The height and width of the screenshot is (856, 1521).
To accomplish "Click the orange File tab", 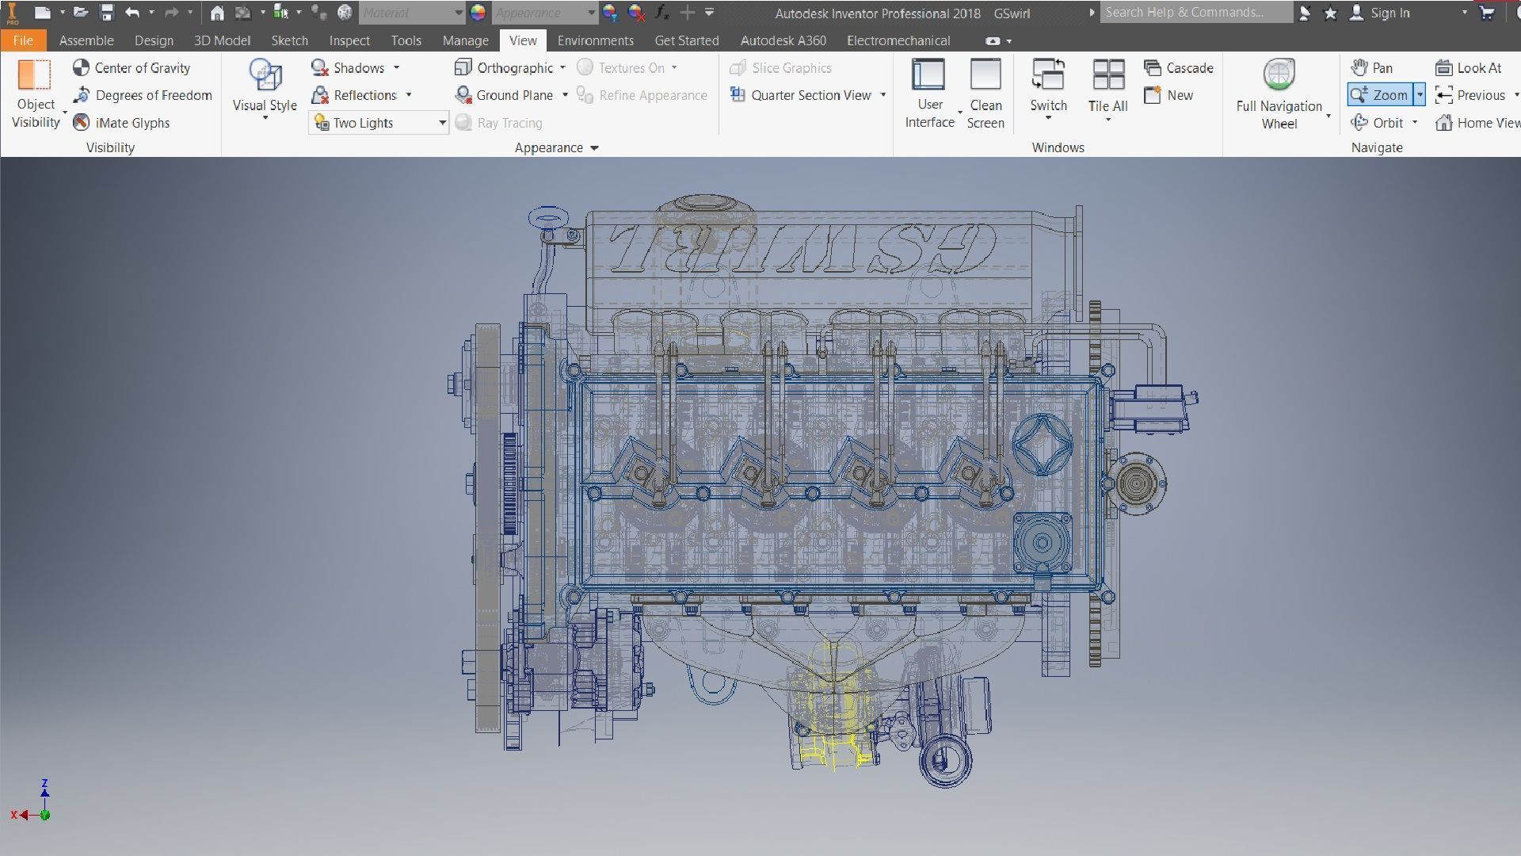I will (23, 40).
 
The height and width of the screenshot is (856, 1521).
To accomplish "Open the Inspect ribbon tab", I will (349, 40).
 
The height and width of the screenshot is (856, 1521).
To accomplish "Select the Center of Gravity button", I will (132, 68).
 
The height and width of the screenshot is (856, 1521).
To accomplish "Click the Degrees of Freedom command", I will (143, 95).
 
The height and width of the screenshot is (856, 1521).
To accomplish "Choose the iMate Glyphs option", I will (122, 123).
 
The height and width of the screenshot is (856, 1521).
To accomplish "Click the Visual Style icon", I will (265, 76).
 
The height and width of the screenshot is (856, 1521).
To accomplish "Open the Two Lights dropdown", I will (442, 123).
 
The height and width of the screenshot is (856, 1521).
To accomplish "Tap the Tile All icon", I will (1107, 76).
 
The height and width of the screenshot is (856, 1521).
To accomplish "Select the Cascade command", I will (1179, 68).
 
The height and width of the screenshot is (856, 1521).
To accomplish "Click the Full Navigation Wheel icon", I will (1279, 76).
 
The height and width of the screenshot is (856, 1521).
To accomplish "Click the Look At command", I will (1469, 68).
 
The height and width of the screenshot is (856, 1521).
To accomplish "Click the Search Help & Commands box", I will (1195, 13).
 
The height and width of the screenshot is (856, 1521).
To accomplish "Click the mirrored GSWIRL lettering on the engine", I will (800, 248).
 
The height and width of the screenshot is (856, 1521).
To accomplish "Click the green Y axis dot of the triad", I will (45, 815).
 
